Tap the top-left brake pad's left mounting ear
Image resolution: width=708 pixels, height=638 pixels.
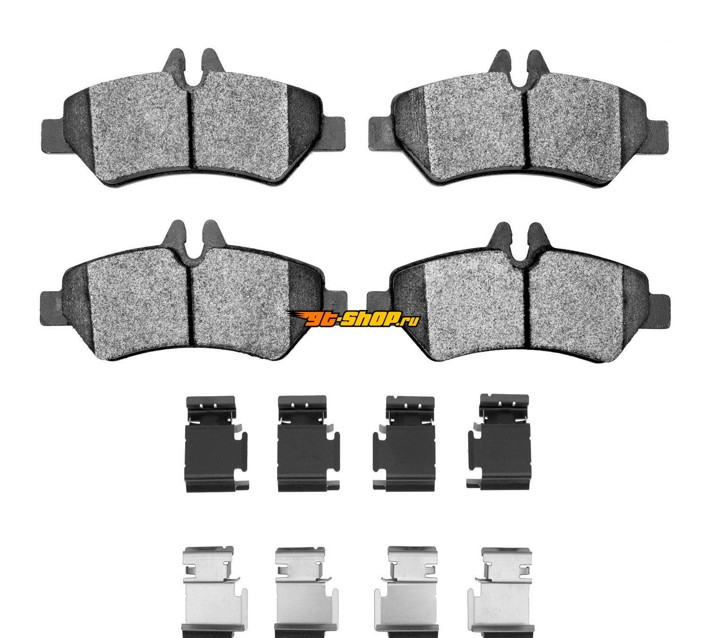click(52, 136)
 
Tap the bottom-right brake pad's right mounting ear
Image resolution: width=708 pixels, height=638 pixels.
click(658, 313)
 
